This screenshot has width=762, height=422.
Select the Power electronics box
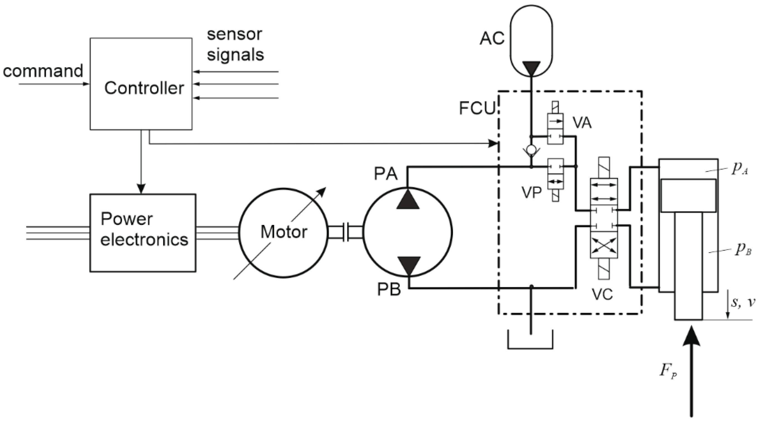coord(143,233)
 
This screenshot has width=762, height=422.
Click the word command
coord(43,71)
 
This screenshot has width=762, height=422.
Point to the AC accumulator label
coord(492,38)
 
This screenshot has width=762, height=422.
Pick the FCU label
coord(477,108)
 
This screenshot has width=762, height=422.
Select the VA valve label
coord(582,123)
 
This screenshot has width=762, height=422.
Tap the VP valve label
coord(531,193)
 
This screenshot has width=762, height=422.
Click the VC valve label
coord(602,294)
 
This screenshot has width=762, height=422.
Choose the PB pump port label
coord(389,290)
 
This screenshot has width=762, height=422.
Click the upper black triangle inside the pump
coord(408,199)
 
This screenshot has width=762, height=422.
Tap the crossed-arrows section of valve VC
coord(604,247)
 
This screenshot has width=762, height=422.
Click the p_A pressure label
coord(739,170)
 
